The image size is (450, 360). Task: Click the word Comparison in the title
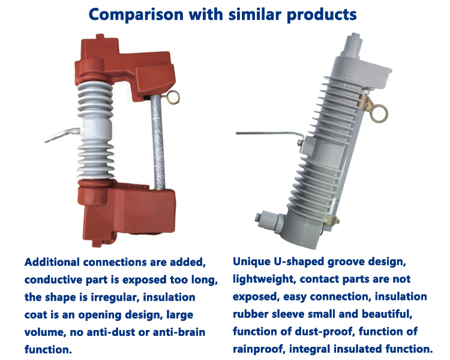coord(136,14)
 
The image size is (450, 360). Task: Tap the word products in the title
coord(322,14)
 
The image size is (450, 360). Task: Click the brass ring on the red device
coord(172,98)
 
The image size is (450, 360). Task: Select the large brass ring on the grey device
coord(379,113)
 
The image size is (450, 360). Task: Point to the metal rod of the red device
coord(158,142)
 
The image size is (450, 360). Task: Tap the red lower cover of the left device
coord(126,212)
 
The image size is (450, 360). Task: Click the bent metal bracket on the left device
coord(63,134)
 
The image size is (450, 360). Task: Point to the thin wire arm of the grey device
coord(270,133)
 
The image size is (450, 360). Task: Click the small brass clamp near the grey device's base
coord(332,220)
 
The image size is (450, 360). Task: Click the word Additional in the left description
coord(52,262)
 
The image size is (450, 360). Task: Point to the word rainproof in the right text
coord(259,349)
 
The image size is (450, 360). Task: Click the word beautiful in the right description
coord(387,314)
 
